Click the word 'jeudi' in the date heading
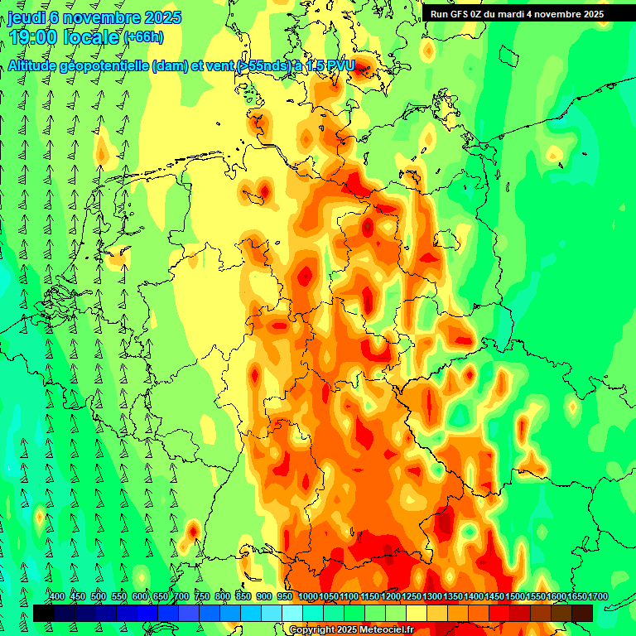pos(26,17)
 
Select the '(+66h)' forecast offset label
pos(143,37)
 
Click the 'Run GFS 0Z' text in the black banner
pos(455,14)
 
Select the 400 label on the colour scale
pos(57,597)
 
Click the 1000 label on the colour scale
pos(307,597)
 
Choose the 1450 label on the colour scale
pos(494,597)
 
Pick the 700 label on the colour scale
pos(181,597)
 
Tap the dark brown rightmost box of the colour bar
pos(582,613)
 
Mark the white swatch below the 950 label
pos(292,613)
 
